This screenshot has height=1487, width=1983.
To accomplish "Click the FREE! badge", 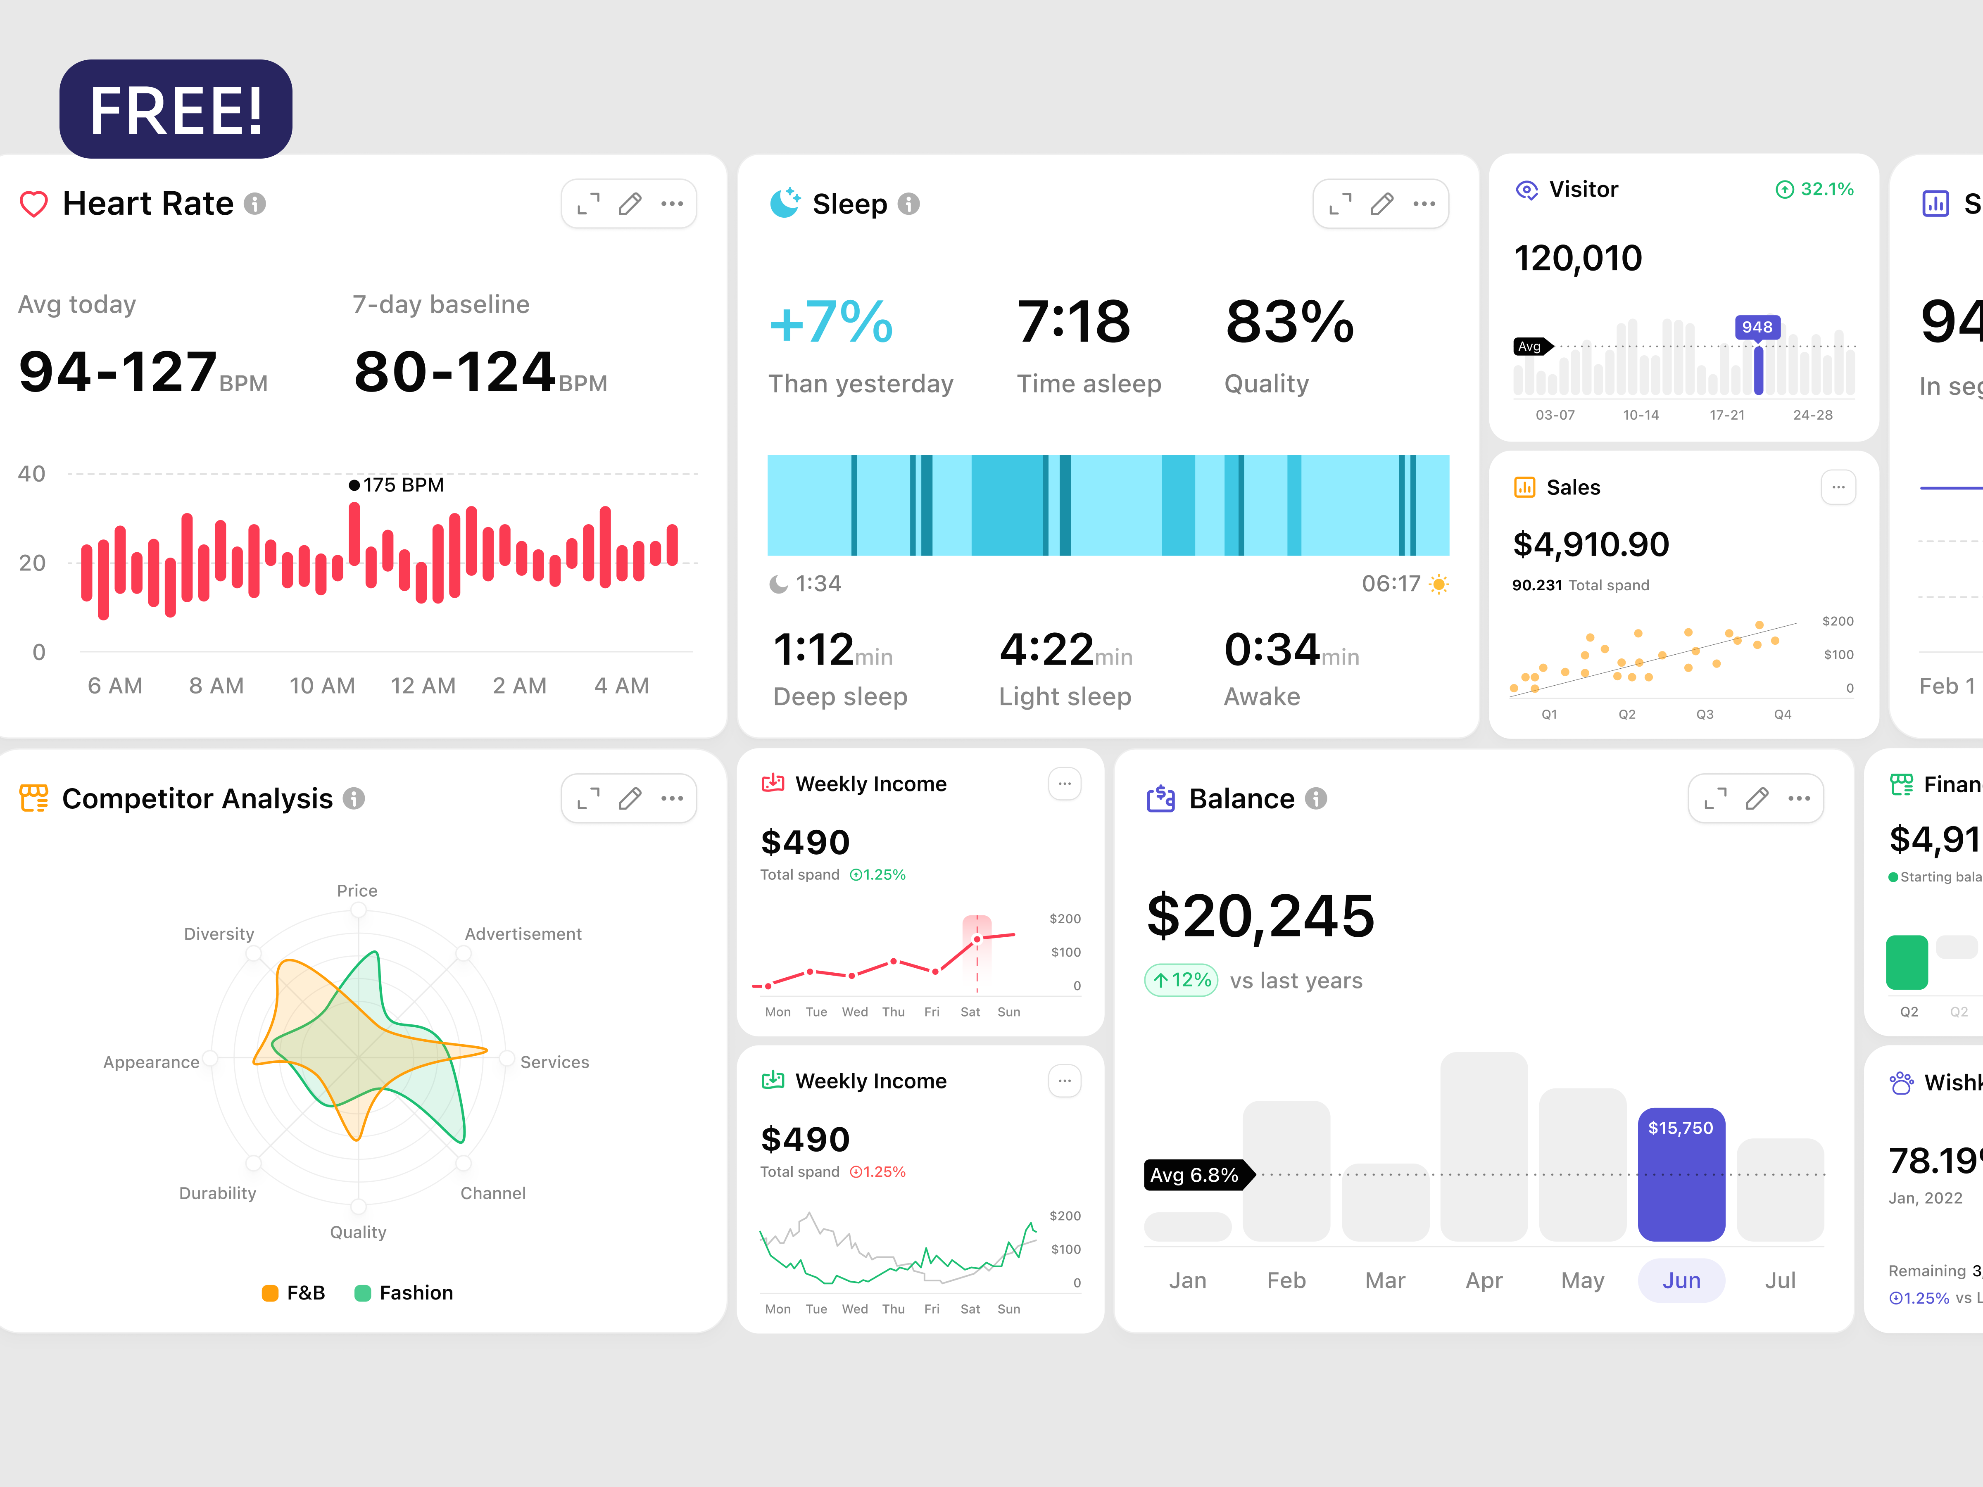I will click(176, 109).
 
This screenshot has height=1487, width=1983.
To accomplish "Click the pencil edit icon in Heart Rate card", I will click(630, 204).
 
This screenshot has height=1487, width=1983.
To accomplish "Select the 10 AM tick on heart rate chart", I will click(322, 686).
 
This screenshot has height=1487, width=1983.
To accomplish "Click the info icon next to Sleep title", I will click(909, 204).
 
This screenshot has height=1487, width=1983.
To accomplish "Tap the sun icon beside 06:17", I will click(1439, 584).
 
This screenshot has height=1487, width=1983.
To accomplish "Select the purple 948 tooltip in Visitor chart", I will click(1757, 327).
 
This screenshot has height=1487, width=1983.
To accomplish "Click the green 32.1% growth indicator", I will click(1815, 189).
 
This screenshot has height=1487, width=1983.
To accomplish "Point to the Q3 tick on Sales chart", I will click(1704, 714).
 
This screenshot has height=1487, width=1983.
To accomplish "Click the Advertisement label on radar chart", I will click(523, 934).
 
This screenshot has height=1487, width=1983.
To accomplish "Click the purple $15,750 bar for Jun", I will click(1681, 1174).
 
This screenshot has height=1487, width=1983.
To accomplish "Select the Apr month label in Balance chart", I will click(1484, 1281).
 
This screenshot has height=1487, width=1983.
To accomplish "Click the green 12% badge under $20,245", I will click(1182, 980).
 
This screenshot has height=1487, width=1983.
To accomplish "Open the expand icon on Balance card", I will click(1715, 798).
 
